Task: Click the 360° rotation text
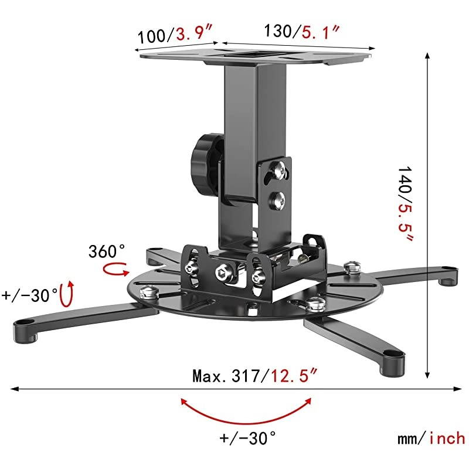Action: (x=107, y=252)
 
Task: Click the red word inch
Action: (x=446, y=437)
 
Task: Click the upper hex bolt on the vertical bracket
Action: (x=278, y=171)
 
